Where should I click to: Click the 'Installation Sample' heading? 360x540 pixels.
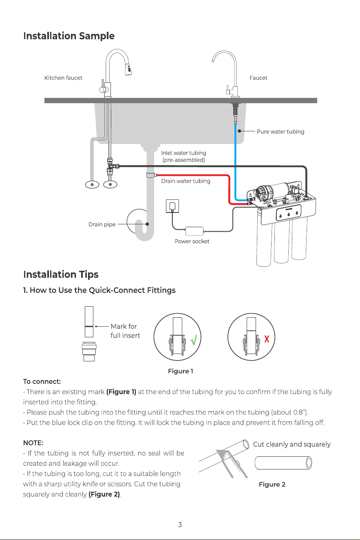68,36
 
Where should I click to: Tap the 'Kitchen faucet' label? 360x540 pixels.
63,78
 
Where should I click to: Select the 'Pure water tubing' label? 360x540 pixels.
280,132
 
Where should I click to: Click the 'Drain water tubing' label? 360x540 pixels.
186,181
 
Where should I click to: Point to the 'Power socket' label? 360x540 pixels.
192,241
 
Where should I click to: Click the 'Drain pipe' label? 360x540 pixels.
102,224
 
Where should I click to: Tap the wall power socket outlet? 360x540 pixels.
172,206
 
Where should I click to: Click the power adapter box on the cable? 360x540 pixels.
194,231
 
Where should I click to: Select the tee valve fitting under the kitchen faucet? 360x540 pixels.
112,166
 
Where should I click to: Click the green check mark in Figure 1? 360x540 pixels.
194,339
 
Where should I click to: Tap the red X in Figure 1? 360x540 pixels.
267,339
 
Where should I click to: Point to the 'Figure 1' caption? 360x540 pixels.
181,371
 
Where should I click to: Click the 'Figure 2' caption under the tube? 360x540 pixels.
272,484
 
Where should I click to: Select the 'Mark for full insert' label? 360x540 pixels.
125,331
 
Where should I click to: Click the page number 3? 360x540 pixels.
180,525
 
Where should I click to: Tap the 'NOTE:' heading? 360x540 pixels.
33,443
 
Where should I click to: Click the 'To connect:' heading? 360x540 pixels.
42,381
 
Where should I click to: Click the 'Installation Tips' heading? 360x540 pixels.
61,274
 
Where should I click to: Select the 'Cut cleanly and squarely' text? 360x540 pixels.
292,444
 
